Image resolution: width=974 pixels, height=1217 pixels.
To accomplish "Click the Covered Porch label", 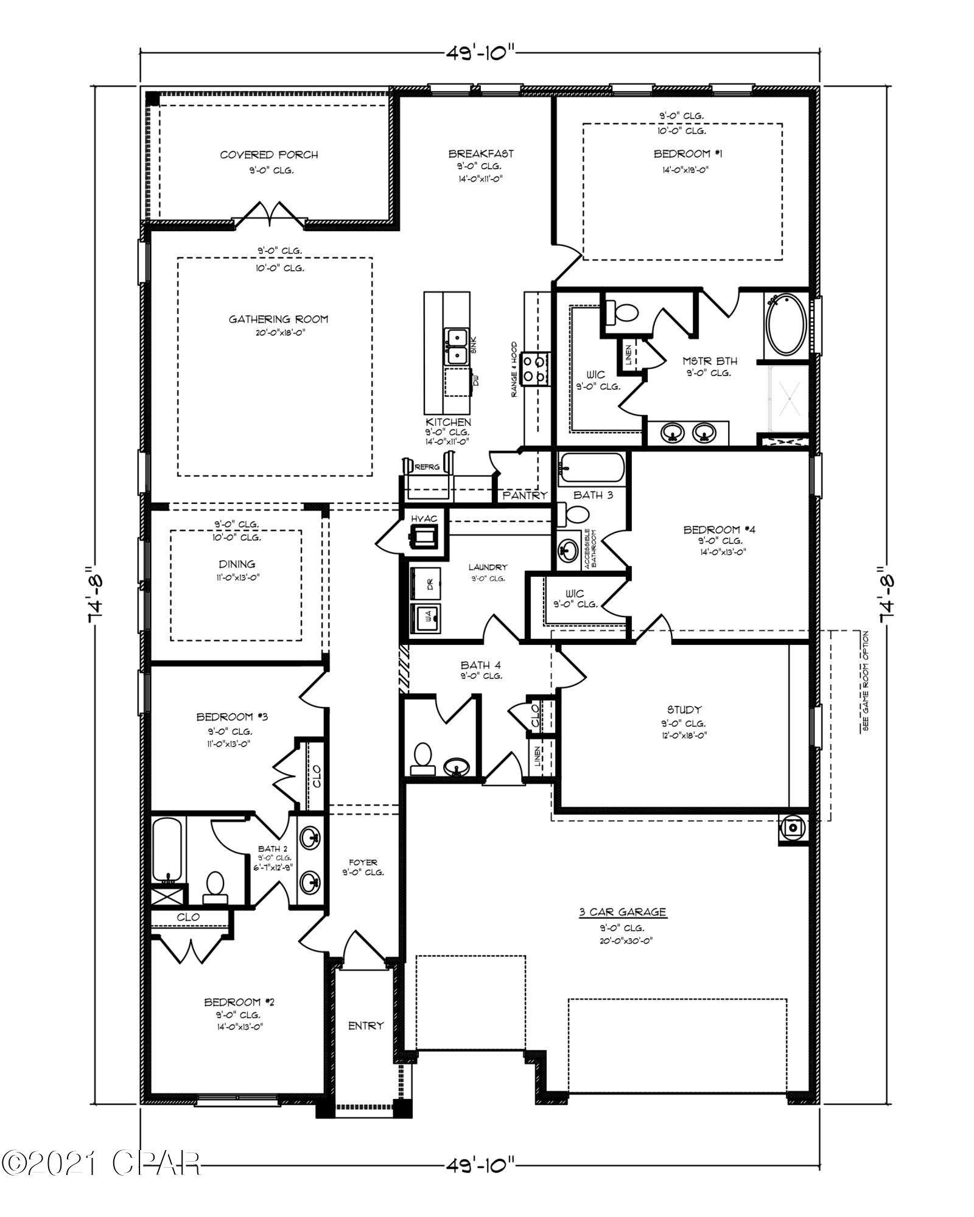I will [x=268, y=155].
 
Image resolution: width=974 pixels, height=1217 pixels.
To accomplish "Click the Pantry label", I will [x=525, y=495].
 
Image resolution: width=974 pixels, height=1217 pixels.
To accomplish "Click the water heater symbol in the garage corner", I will [x=793, y=828].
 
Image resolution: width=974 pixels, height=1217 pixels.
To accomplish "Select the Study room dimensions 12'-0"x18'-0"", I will [x=684, y=735].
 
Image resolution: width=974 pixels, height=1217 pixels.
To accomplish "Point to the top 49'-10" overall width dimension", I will [x=480, y=52].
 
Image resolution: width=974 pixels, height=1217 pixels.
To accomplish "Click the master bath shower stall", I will [x=790, y=397].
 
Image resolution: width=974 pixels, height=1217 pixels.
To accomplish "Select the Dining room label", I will [x=237, y=564].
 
